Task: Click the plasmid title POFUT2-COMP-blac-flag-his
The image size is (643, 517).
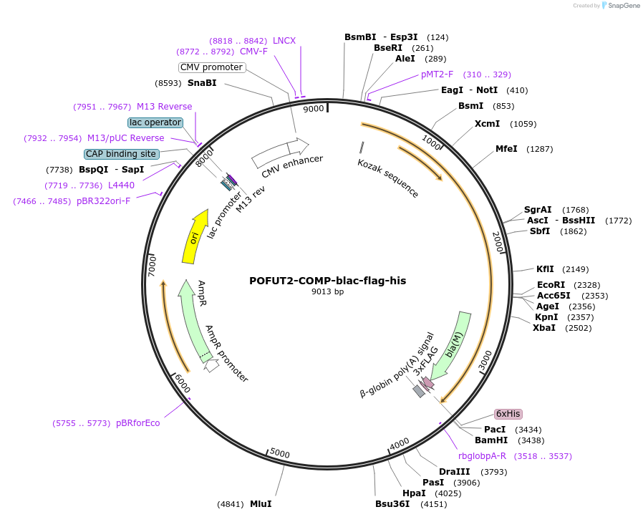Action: (x=327, y=281)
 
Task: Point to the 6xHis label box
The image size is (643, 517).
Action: (x=508, y=414)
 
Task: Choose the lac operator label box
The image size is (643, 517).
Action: (x=155, y=122)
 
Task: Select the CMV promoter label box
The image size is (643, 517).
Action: (x=211, y=67)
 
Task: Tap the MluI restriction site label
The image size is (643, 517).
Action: (x=261, y=503)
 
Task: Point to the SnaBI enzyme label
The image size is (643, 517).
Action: (x=202, y=82)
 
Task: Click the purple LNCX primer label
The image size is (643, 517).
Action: (x=284, y=41)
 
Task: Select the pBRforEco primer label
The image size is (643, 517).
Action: (x=138, y=423)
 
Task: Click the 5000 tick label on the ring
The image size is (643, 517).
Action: (x=280, y=454)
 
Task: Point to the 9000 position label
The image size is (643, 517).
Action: (x=314, y=109)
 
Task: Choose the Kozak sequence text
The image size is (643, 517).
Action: (x=388, y=178)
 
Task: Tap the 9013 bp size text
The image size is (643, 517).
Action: (x=327, y=292)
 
